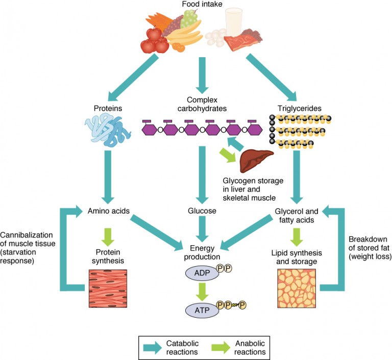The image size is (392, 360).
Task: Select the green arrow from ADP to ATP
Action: tap(203, 291)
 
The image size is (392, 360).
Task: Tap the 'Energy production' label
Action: tap(203, 252)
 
